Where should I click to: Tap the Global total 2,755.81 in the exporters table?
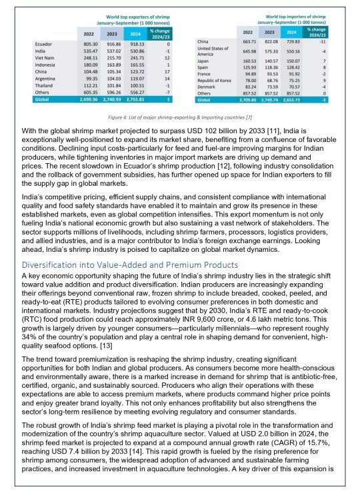click(134, 97)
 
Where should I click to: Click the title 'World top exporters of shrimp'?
click(119, 14)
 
